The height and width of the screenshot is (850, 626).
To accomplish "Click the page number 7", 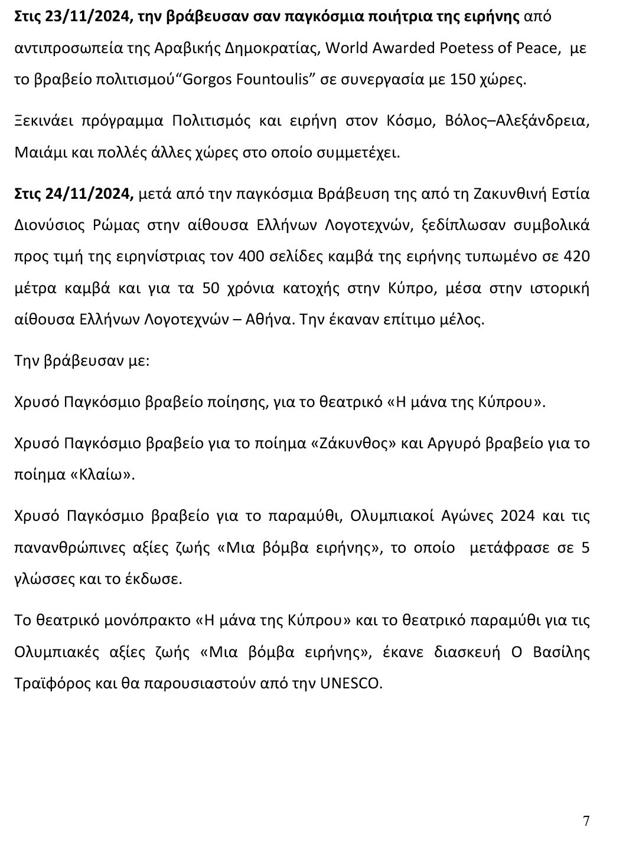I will [x=586, y=821].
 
